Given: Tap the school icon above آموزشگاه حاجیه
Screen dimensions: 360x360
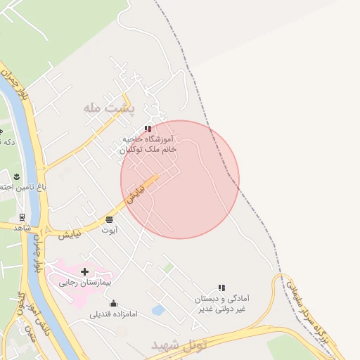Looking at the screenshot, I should [148, 129].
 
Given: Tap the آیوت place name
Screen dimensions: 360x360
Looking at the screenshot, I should [110, 230].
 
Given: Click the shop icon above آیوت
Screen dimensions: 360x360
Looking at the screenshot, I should [110, 219].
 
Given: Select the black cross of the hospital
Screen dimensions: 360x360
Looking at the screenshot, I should [85, 271].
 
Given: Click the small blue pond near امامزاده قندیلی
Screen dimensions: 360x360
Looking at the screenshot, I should [158, 309].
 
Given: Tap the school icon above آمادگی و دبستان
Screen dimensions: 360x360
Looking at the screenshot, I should [221, 288].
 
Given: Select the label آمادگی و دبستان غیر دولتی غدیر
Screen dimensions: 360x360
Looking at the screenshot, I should [223, 304].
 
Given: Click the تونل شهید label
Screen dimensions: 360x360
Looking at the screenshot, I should [180, 345].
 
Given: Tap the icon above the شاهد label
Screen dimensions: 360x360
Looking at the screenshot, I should [22, 218].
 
